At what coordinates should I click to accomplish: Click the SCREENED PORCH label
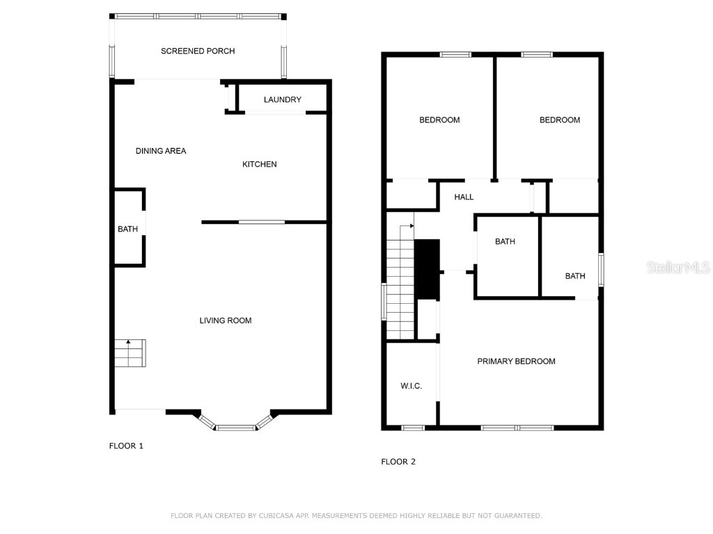(198, 51)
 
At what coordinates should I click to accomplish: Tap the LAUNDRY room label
(282, 99)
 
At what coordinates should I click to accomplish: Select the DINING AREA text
(161, 151)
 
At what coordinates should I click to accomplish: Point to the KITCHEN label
(259, 164)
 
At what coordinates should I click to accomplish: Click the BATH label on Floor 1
(127, 229)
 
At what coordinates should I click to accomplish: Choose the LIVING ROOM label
(225, 321)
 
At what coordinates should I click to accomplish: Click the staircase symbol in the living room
(130, 353)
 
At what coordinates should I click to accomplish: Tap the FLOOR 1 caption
(126, 446)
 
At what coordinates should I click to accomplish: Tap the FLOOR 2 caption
(398, 462)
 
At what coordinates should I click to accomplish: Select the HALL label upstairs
(464, 197)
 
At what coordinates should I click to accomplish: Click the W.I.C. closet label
(411, 386)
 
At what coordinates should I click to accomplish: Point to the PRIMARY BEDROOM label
(516, 361)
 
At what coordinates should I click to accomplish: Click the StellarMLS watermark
(678, 267)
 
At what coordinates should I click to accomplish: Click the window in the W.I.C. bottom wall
(413, 428)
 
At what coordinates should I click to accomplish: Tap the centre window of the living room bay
(235, 428)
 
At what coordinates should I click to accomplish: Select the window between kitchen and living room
(261, 222)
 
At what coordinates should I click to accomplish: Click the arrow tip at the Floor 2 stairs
(414, 227)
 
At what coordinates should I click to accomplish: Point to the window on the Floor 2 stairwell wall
(384, 302)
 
